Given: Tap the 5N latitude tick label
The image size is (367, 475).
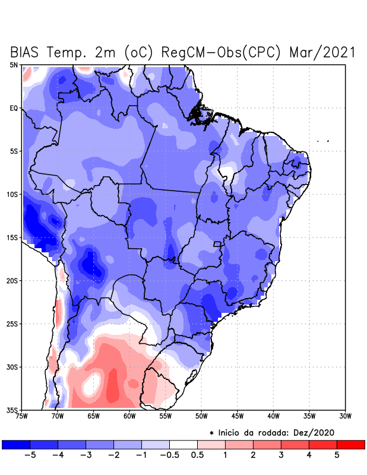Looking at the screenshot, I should click(14, 65).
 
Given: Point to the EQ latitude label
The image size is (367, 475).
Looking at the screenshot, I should click(14, 108).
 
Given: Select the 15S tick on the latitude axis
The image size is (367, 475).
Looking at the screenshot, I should click(12, 237).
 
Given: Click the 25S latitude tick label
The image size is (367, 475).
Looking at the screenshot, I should click(12, 324).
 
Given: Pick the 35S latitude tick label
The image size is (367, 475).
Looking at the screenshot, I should click(12, 410).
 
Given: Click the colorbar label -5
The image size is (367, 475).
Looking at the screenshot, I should click(30, 456).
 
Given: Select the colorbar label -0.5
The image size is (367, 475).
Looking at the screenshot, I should click(169, 456).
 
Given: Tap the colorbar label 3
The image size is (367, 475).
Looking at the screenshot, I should click(281, 456).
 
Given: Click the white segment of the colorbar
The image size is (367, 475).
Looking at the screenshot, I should click(183, 445).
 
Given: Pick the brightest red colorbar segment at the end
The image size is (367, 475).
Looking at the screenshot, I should click(350, 445).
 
